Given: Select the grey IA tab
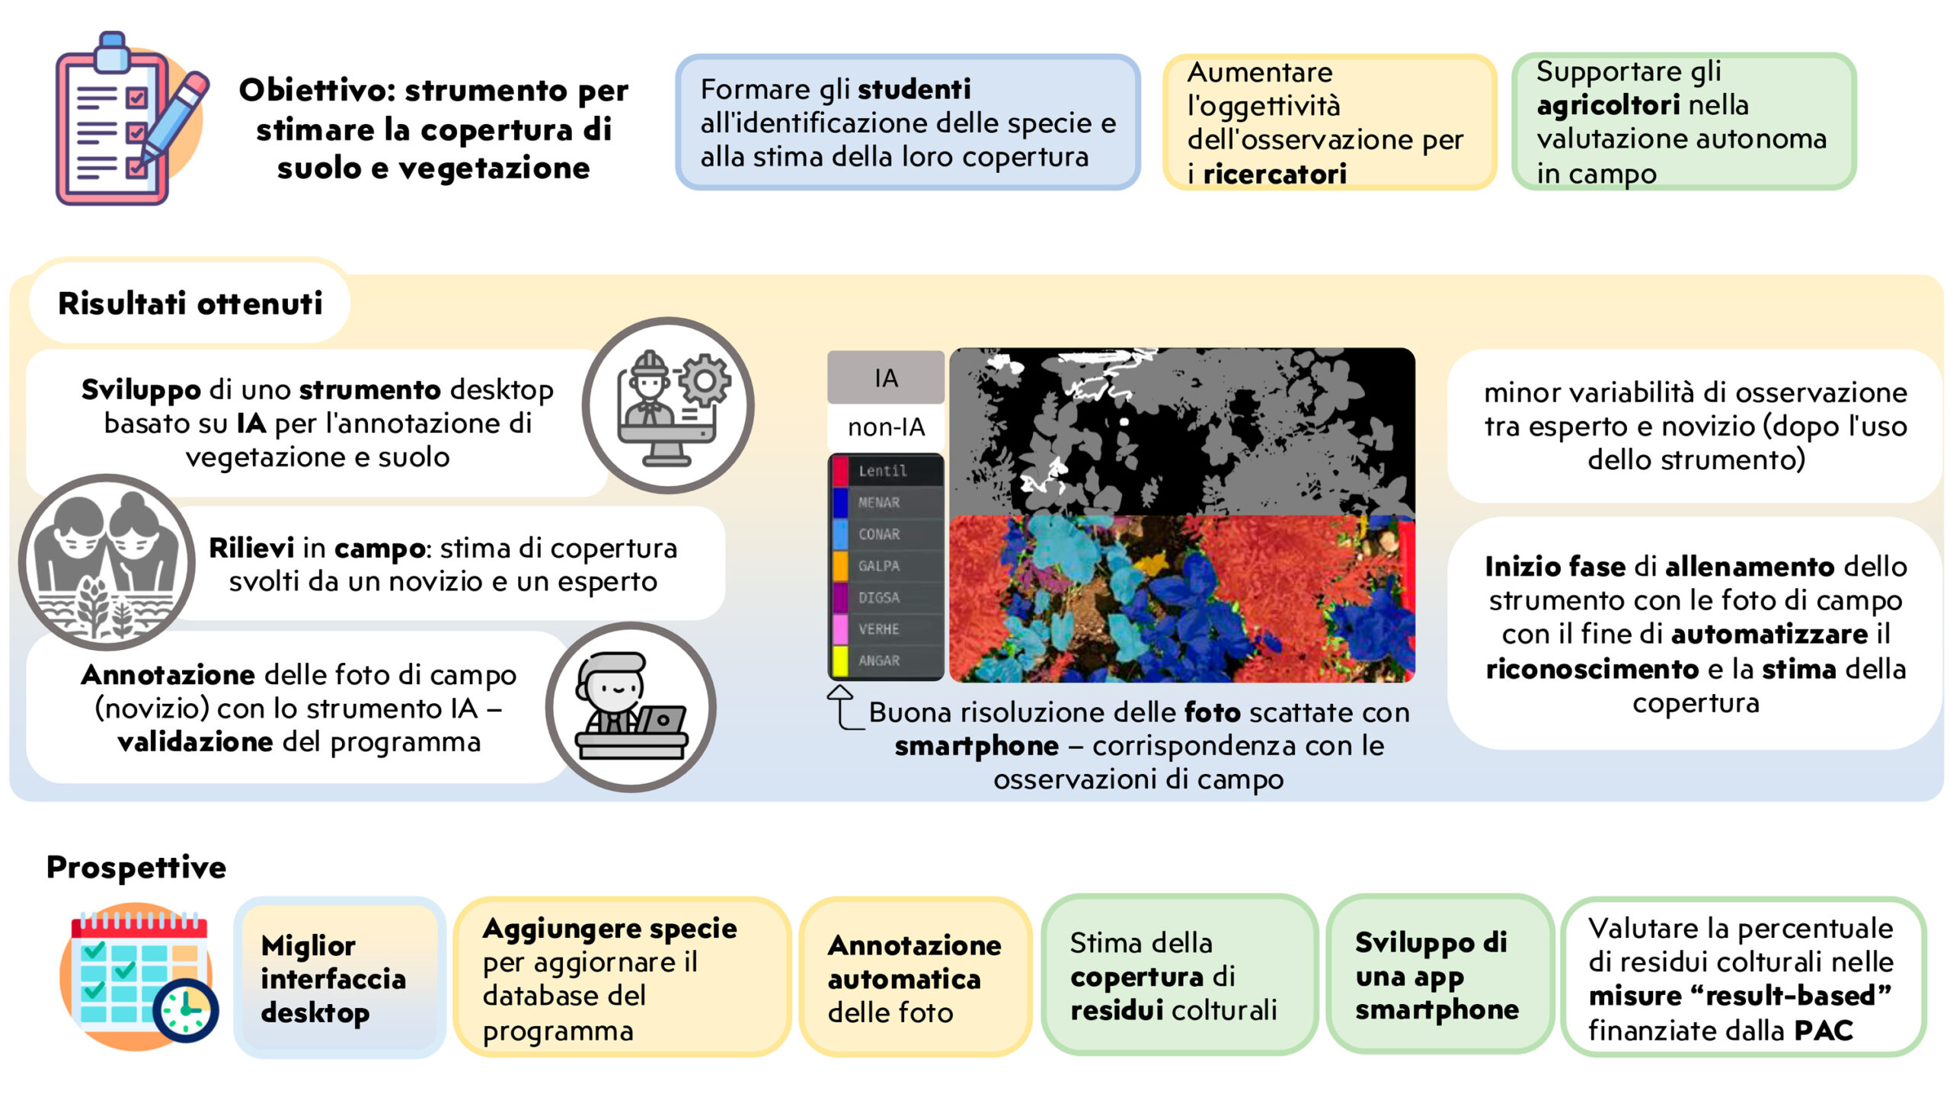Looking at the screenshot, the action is coord(886,377).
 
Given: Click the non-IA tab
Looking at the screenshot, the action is coord(886,427).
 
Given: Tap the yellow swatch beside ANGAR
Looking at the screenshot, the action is coord(840,660).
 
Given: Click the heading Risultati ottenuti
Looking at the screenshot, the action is coord(190,303).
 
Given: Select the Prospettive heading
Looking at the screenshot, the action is coord(136,867).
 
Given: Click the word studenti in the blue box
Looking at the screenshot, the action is coord(914,89).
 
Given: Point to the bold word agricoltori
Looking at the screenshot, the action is coord(1608,106).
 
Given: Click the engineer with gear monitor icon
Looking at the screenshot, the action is coord(668,405).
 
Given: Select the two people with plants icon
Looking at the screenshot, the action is coord(107,562).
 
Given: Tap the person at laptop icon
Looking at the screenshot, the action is coord(631,707).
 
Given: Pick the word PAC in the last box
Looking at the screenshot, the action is coord(1824,1031).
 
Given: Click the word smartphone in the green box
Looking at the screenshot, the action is coord(1437,1010).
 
